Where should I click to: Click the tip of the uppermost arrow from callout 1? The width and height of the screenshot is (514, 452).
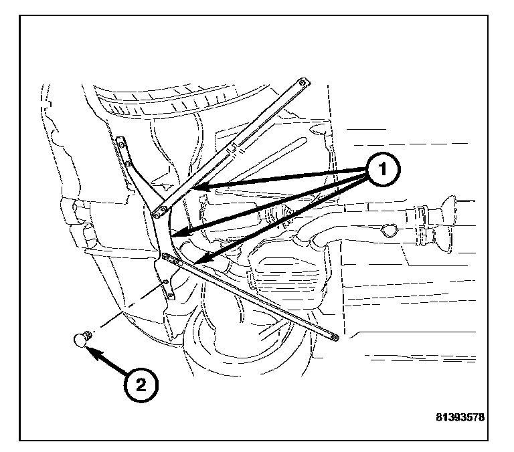[x=195, y=189]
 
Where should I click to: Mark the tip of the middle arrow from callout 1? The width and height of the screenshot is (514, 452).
[x=173, y=234]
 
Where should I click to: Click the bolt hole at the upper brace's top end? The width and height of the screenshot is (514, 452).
[x=303, y=82]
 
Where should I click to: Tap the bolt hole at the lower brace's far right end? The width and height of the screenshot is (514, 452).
[x=333, y=336]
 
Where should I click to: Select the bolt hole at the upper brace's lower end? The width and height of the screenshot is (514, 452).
[x=158, y=213]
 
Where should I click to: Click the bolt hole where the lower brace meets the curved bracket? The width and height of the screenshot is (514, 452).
[x=165, y=255]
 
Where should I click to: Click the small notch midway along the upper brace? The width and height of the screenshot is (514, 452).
[x=234, y=146]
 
